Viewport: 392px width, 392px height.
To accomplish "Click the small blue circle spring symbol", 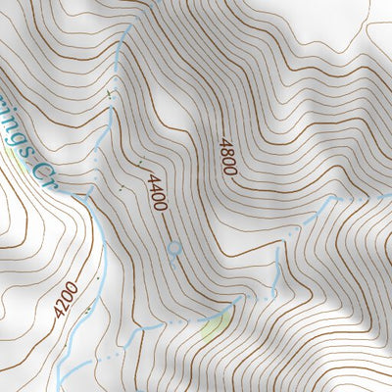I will point(174,249).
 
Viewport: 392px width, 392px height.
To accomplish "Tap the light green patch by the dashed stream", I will point(212,326).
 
